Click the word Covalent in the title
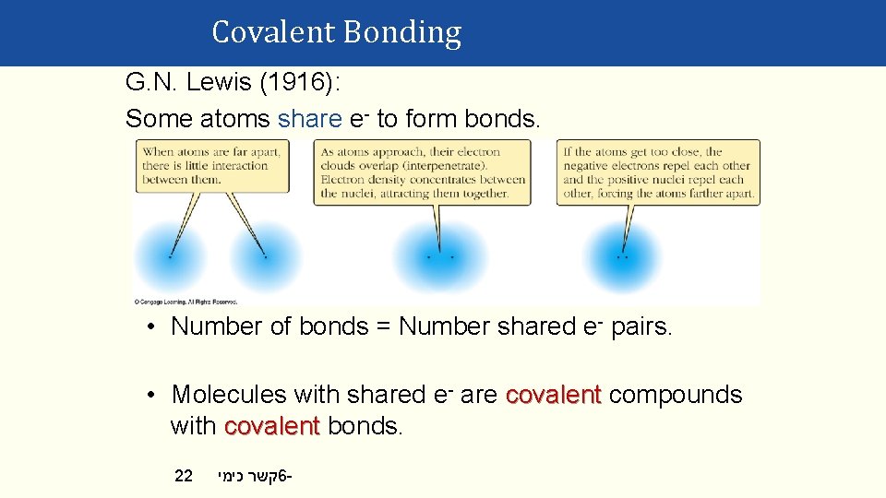coord(273,32)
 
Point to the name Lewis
coord(219,82)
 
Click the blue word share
coord(309,118)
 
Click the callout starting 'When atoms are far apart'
coord(211,166)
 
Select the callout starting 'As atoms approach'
coord(423,172)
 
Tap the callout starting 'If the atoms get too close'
coord(658,172)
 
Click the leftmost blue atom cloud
coord(170,255)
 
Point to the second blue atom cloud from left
coord(265,255)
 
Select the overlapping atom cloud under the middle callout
coord(439,255)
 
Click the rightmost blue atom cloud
coord(624,255)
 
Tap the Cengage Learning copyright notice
coord(186,301)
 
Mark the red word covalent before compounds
coord(554,395)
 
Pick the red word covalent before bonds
coord(271,426)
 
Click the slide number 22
coord(184,476)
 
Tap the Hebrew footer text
coord(255,476)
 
